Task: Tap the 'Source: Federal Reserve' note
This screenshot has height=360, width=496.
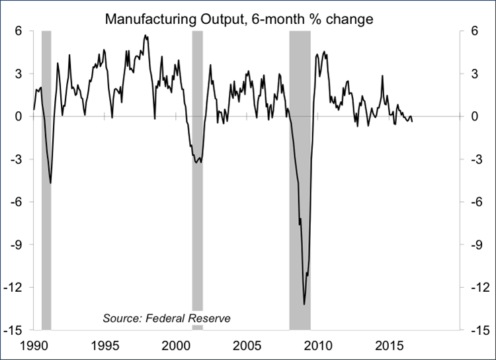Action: (167, 318)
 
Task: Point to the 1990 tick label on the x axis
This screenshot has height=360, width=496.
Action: (34, 345)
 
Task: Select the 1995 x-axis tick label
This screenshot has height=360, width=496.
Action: (104, 345)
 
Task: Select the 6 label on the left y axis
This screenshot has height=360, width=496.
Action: (20, 30)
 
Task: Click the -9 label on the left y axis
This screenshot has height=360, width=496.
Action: (18, 244)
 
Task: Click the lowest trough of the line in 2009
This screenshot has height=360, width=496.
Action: (304, 304)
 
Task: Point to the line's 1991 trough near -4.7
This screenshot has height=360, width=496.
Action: (50, 183)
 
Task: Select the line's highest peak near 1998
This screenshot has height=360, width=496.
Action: (145, 36)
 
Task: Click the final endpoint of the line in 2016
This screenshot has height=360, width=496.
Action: (413, 122)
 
